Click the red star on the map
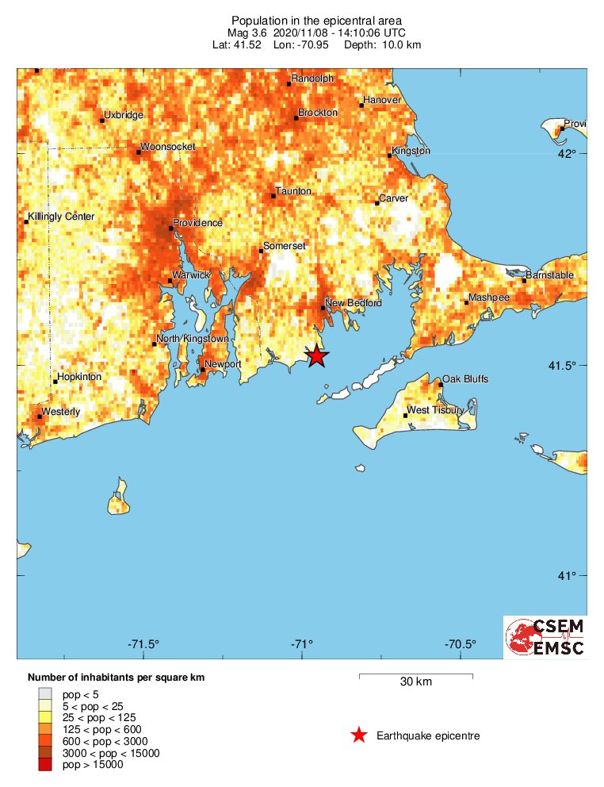pos(316,356)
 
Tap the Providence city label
pos(197,223)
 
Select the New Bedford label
pos(354,303)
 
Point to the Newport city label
pos(223,364)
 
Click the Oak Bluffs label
pos(465,379)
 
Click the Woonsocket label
pos(168,147)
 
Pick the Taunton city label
pos(293,192)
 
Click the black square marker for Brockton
pos(296,118)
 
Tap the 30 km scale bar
pos(416,677)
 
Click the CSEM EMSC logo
pos(546,637)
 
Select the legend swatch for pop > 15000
pos(43,765)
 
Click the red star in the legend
pos(359,735)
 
